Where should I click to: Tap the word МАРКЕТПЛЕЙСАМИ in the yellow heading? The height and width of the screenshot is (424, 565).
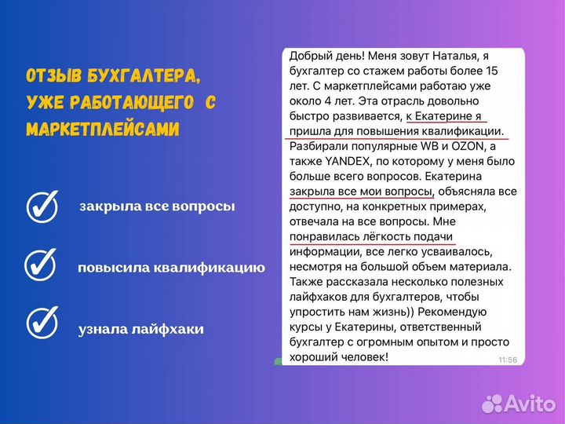[x=103, y=128]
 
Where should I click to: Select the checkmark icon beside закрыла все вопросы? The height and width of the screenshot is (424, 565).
[x=42, y=207]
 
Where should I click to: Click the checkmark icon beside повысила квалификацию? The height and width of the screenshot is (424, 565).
[x=40, y=265]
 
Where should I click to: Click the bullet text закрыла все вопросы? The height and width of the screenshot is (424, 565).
[x=157, y=207]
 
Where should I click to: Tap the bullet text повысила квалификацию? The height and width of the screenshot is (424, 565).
[x=171, y=268]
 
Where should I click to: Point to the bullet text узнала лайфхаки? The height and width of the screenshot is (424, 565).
[x=141, y=329]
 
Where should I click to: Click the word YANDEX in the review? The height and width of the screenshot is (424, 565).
[x=339, y=162]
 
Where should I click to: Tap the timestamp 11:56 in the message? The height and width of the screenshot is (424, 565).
[x=508, y=360]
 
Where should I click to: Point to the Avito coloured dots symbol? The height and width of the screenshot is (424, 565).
[x=492, y=403]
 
